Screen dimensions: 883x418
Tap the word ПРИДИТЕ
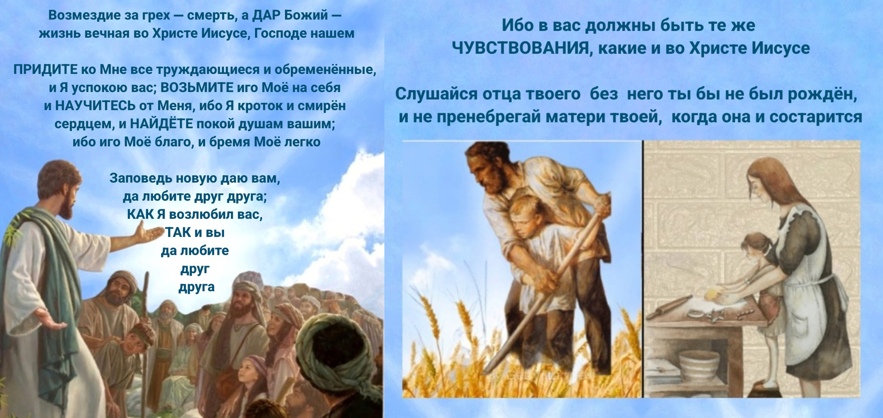(45, 70)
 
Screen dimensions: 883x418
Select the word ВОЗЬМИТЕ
(197, 88)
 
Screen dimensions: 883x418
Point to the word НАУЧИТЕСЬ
(95, 106)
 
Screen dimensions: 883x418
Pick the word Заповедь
(141, 179)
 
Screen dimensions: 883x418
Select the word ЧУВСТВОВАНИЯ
(522, 48)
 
